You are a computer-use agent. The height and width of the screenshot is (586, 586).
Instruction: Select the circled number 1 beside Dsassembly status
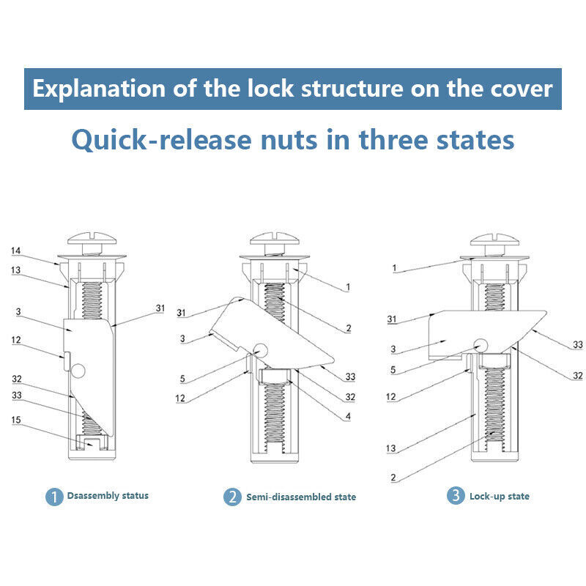54,497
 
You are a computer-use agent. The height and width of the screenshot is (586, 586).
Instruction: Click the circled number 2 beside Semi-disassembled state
231,497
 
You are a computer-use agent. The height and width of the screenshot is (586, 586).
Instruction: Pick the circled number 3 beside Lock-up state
456,497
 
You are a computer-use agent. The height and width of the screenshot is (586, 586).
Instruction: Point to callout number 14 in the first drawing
15,251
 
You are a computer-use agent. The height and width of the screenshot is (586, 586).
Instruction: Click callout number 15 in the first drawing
15,420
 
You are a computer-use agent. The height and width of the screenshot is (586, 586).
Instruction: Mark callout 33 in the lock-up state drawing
577,344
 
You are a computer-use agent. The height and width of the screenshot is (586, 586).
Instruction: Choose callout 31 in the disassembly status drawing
160,308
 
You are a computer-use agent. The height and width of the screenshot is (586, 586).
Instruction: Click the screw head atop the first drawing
92,240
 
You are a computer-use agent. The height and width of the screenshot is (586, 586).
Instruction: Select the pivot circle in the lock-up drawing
481,345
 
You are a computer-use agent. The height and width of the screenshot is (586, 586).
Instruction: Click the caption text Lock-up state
500,497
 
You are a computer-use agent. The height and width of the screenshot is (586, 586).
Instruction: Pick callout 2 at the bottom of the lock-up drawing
393,478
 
